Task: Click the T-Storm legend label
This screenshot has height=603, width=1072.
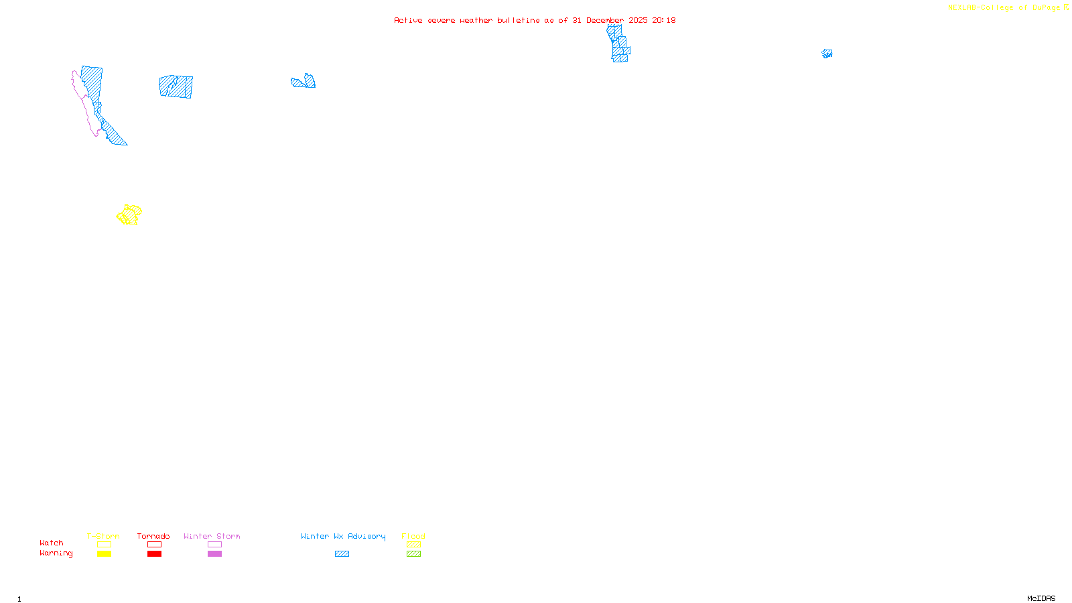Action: pos(103,536)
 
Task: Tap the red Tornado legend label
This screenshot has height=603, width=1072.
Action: pos(153,536)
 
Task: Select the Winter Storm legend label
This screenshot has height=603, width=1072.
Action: pos(212,536)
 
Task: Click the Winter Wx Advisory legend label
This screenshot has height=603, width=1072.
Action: pos(343,536)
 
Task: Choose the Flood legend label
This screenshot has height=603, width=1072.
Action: pos(413,536)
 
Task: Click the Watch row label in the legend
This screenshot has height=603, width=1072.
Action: pos(52,543)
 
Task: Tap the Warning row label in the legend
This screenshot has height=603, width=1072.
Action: pos(56,553)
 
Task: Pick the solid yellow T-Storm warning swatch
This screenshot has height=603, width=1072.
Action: pos(104,554)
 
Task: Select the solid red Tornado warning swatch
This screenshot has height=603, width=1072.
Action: pos(154,554)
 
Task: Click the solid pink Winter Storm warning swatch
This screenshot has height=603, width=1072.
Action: pos(214,554)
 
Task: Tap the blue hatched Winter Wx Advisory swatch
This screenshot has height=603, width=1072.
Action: pos(342,554)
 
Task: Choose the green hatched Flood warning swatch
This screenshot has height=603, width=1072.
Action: pos(413,554)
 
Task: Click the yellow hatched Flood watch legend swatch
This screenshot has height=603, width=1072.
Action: pos(413,545)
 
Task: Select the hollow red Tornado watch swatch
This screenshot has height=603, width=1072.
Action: pos(154,545)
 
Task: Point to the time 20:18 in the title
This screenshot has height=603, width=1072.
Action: pos(664,20)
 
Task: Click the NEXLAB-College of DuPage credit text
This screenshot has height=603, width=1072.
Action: pos(1004,8)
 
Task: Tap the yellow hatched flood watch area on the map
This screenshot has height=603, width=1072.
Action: pos(129,215)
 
